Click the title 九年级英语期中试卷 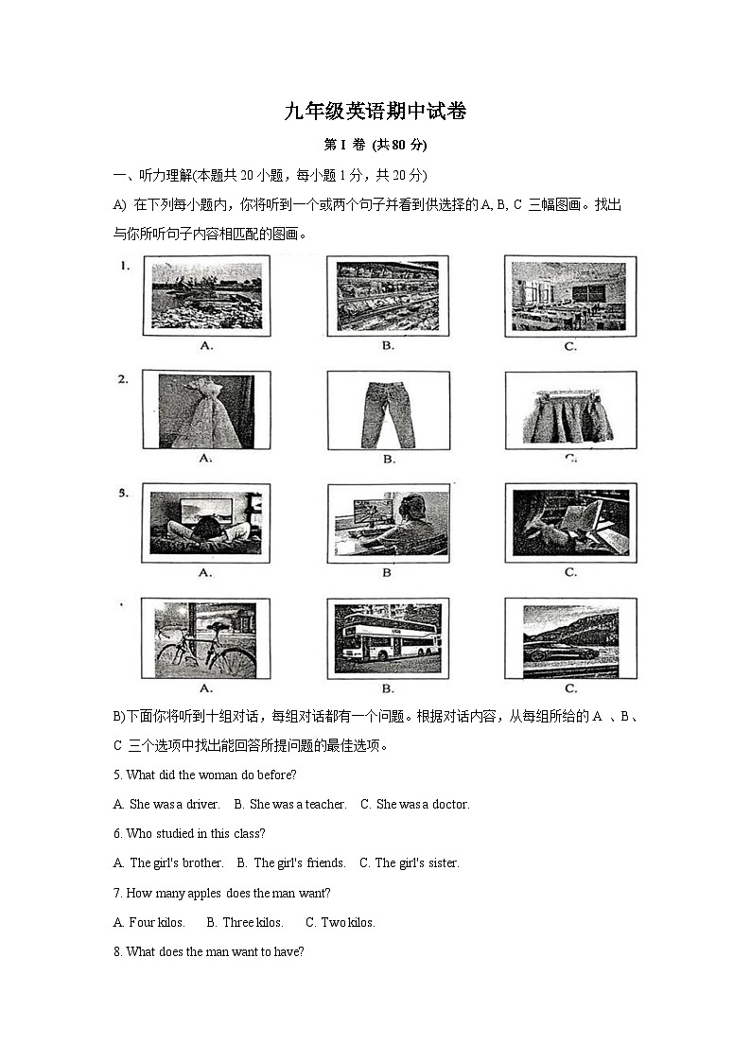point(375,112)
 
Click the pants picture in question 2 point(388,409)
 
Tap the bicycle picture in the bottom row point(205,638)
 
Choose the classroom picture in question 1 point(569,296)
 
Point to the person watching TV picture point(205,523)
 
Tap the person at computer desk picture point(389,523)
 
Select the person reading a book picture point(570,523)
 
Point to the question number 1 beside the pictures point(124,267)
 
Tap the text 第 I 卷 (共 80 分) point(375,145)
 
